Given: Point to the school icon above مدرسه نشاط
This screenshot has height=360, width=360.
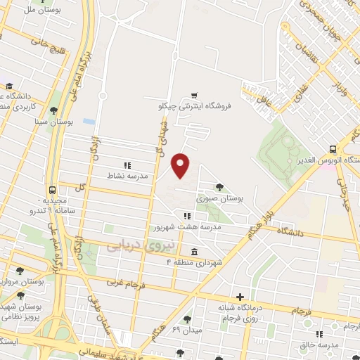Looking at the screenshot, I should (x=127, y=165).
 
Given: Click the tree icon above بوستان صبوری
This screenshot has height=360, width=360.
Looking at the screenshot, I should (x=219, y=187).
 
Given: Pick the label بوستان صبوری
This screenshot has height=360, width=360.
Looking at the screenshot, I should (x=220, y=199).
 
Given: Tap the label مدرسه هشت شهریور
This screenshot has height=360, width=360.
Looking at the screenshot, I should (x=187, y=227).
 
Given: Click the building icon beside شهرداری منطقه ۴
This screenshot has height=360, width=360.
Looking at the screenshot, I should (x=193, y=252).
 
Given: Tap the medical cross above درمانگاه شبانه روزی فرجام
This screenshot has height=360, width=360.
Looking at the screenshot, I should (x=240, y=297).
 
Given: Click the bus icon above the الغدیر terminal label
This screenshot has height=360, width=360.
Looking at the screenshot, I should (x=333, y=150).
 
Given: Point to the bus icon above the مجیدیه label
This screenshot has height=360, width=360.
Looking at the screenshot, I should (x=51, y=191).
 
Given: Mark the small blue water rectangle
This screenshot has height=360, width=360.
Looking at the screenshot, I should (x=89, y=122).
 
